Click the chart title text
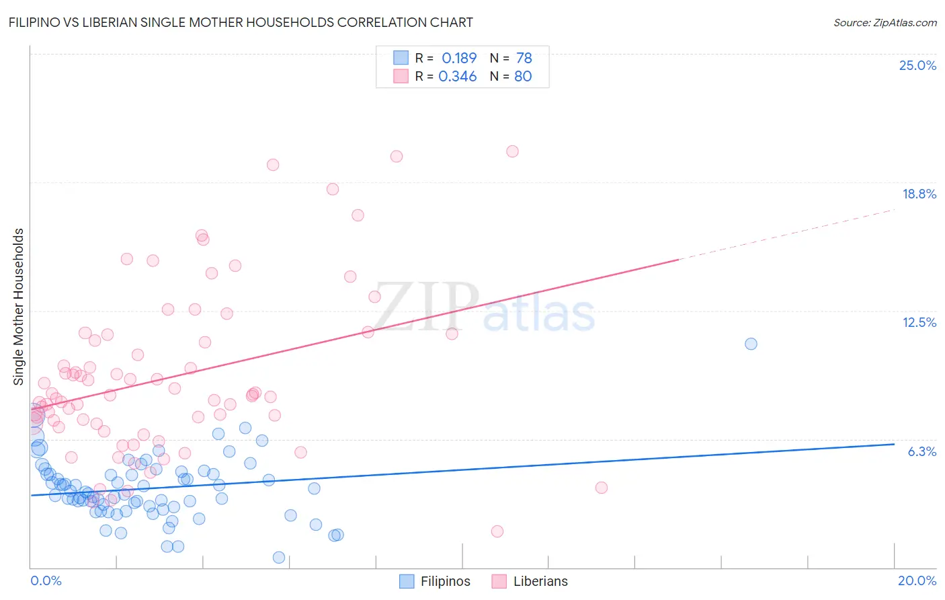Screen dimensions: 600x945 tap(241, 22)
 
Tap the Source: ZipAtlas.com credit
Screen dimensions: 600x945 tap(885, 22)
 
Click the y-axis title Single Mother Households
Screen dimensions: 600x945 tap(18, 307)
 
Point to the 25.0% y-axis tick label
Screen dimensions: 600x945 tap(917, 65)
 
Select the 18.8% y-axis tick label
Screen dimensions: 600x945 tap(919, 194)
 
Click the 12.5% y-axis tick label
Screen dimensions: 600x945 tap(919, 322)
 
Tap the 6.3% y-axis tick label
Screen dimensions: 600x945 tap(921, 451)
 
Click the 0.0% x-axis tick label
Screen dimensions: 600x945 tap(46, 580)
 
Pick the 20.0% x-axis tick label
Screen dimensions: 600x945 tap(917, 580)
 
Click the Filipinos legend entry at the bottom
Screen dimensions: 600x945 tap(435, 581)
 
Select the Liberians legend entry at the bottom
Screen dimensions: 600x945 tap(530, 581)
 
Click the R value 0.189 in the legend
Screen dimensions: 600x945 tap(459, 58)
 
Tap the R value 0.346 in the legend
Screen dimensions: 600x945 tap(458, 76)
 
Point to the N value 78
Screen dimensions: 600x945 tap(524, 58)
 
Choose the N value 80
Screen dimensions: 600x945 tap(523, 76)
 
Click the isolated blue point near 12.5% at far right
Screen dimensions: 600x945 tap(751, 344)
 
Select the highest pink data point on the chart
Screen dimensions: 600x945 tap(512, 151)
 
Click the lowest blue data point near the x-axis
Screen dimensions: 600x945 tap(279, 557)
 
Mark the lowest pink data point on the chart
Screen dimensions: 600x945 tap(497, 531)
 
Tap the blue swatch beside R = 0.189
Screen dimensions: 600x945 tap(401, 58)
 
